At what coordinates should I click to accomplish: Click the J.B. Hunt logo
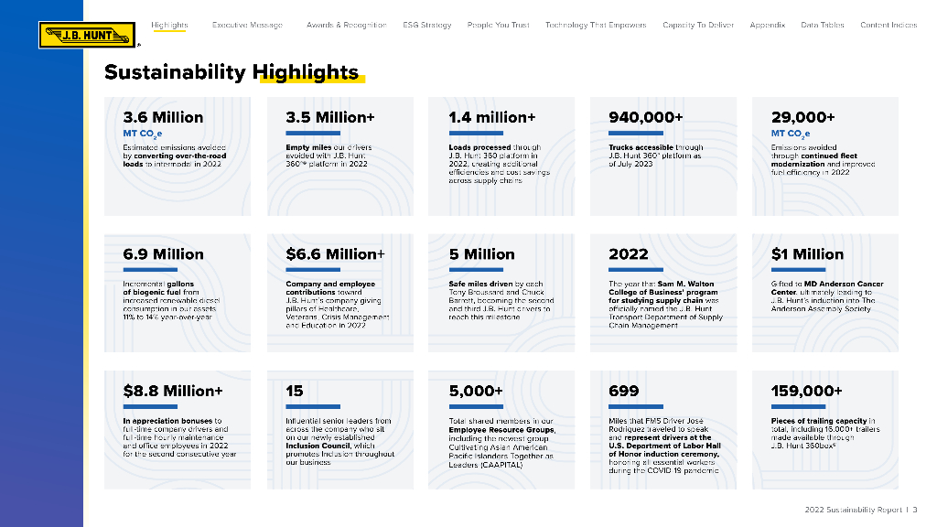pyautogui.click(x=87, y=36)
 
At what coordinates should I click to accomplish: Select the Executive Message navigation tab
pyautogui.click(x=247, y=25)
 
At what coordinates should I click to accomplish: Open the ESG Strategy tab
pyautogui.click(x=426, y=25)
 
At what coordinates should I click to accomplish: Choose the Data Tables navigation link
pyautogui.click(x=822, y=25)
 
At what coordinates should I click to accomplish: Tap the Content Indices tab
pyautogui.click(x=888, y=25)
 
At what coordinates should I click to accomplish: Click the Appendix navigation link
pyautogui.click(x=767, y=25)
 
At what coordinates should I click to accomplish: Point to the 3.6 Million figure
pyautogui.click(x=163, y=117)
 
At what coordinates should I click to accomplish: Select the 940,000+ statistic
pyautogui.click(x=645, y=117)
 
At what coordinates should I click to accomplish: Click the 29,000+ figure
pyautogui.click(x=802, y=117)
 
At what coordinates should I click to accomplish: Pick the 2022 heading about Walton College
pyautogui.click(x=628, y=253)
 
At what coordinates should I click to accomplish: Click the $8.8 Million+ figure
pyautogui.click(x=173, y=391)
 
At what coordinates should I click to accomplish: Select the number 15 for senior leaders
pyautogui.click(x=295, y=391)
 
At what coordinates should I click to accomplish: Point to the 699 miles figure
pyautogui.click(x=623, y=391)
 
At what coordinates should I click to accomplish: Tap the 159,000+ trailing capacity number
pyautogui.click(x=806, y=391)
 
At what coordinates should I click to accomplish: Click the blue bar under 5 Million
pyautogui.click(x=476, y=270)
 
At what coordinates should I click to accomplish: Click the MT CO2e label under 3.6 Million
pyautogui.click(x=142, y=134)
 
